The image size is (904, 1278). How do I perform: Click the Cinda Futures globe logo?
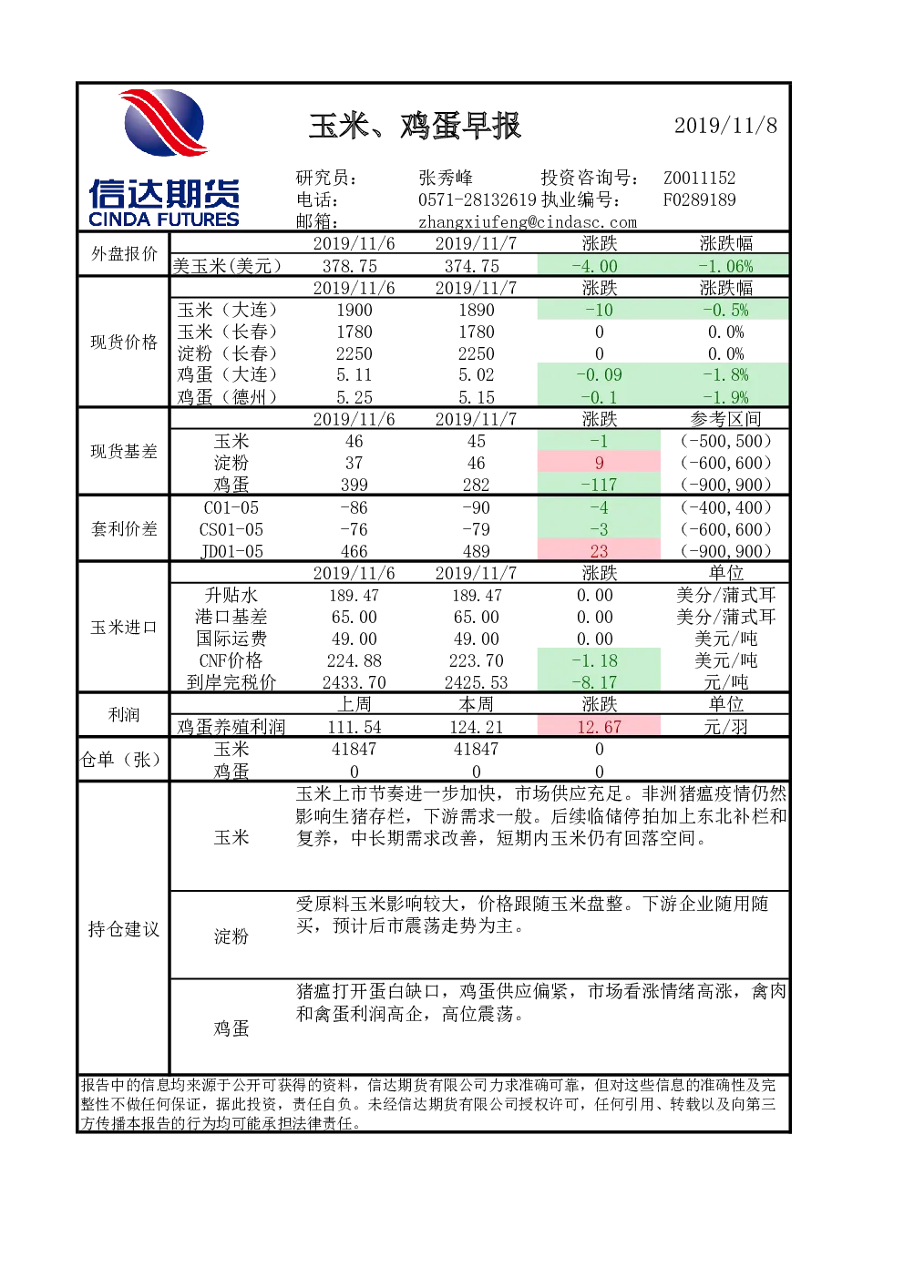tap(164, 123)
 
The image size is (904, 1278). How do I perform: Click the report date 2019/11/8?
tap(725, 126)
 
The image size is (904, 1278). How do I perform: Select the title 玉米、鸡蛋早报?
tap(415, 126)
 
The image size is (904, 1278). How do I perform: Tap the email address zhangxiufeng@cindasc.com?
tap(528, 222)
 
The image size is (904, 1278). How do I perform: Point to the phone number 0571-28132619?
tap(478, 199)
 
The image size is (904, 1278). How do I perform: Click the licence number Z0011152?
tap(699, 178)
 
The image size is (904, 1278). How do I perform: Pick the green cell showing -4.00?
tap(599, 266)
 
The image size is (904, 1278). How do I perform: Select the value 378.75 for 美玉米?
tap(350, 266)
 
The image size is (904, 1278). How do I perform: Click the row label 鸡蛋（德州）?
tap(227, 396)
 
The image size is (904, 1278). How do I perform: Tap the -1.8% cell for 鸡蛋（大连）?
tap(724, 375)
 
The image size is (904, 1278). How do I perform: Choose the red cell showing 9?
tap(599, 463)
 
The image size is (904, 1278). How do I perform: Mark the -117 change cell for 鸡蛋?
tap(599, 485)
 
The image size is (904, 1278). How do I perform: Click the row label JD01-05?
tap(231, 551)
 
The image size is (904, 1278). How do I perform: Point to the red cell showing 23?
tap(599, 551)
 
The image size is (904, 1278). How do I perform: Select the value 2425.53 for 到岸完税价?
tap(476, 682)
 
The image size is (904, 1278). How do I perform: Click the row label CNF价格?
tap(231, 660)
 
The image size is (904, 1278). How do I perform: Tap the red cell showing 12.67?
tap(599, 727)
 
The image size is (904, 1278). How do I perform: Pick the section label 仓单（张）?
tap(121, 760)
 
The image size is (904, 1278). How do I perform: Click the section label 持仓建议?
tap(123, 929)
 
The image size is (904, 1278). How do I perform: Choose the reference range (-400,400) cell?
tap(725, 507)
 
